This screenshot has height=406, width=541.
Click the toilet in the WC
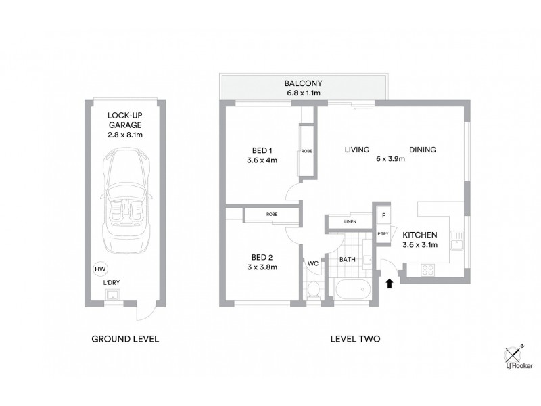coord(312,290)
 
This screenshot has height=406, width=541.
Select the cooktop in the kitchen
coord(429,270)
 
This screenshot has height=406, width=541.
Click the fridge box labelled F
coord(383,216)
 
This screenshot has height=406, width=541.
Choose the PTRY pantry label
coord(383,233)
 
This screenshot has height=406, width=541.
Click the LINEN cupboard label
coord(350,221)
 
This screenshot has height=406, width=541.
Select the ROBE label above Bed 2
coord(271,215)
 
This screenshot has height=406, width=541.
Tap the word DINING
coord(422,150)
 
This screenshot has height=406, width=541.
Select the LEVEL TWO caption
coord(352,338)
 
